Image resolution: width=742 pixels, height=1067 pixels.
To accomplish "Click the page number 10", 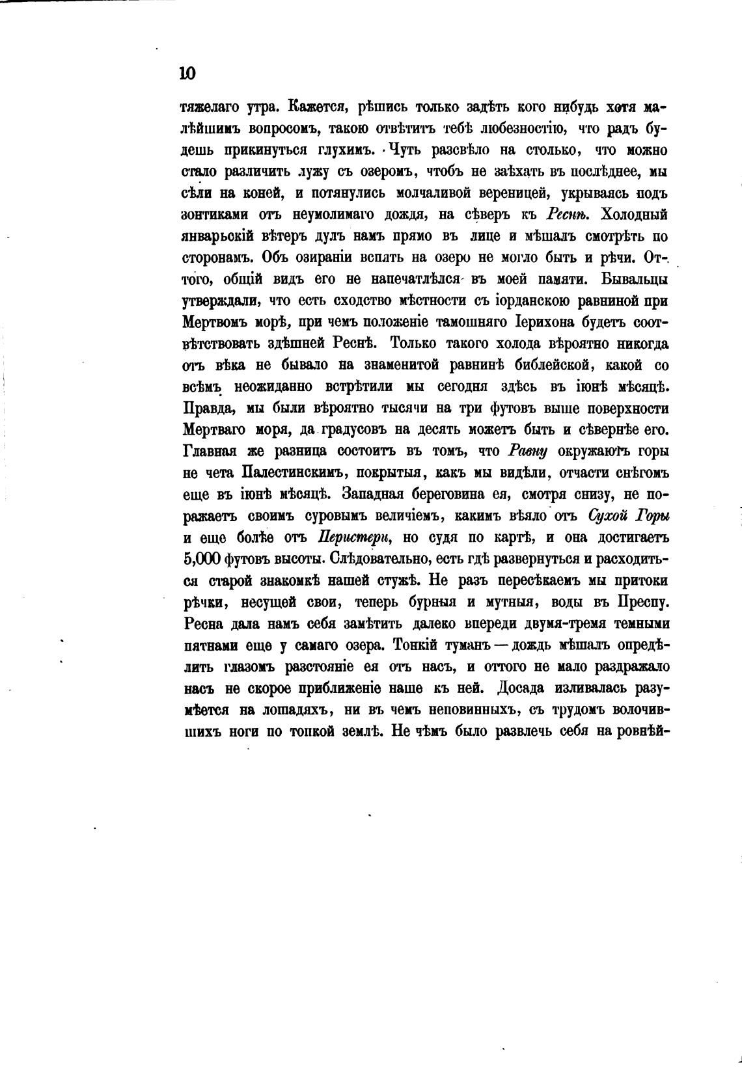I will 187,73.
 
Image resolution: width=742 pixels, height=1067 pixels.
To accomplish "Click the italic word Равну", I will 527,452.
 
